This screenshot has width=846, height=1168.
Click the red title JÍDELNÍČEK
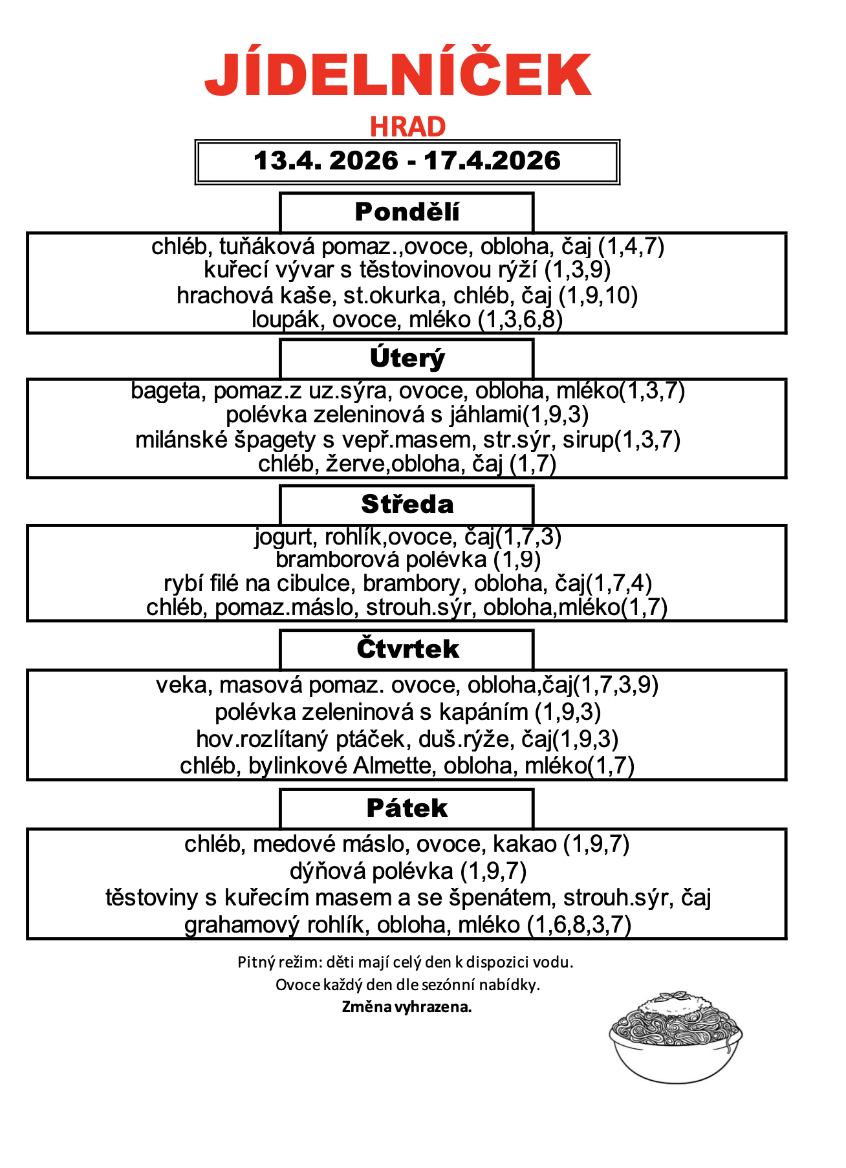(x=398, y=74)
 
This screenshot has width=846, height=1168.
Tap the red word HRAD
(x=407, y=127)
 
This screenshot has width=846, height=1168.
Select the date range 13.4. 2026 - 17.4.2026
(x=407, y=161)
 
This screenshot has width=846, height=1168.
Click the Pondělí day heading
(x=407, y=212)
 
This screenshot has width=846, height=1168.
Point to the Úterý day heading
(x=407, y=358)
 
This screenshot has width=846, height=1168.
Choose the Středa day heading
(x=407, y=504)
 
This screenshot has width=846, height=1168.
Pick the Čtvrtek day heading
(x=407, y=649)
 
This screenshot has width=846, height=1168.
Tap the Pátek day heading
(x=407, y=808)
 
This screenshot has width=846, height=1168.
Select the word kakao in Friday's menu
(x=525, y=844)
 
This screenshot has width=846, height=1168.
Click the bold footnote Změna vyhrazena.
(x=407, y=1007)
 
